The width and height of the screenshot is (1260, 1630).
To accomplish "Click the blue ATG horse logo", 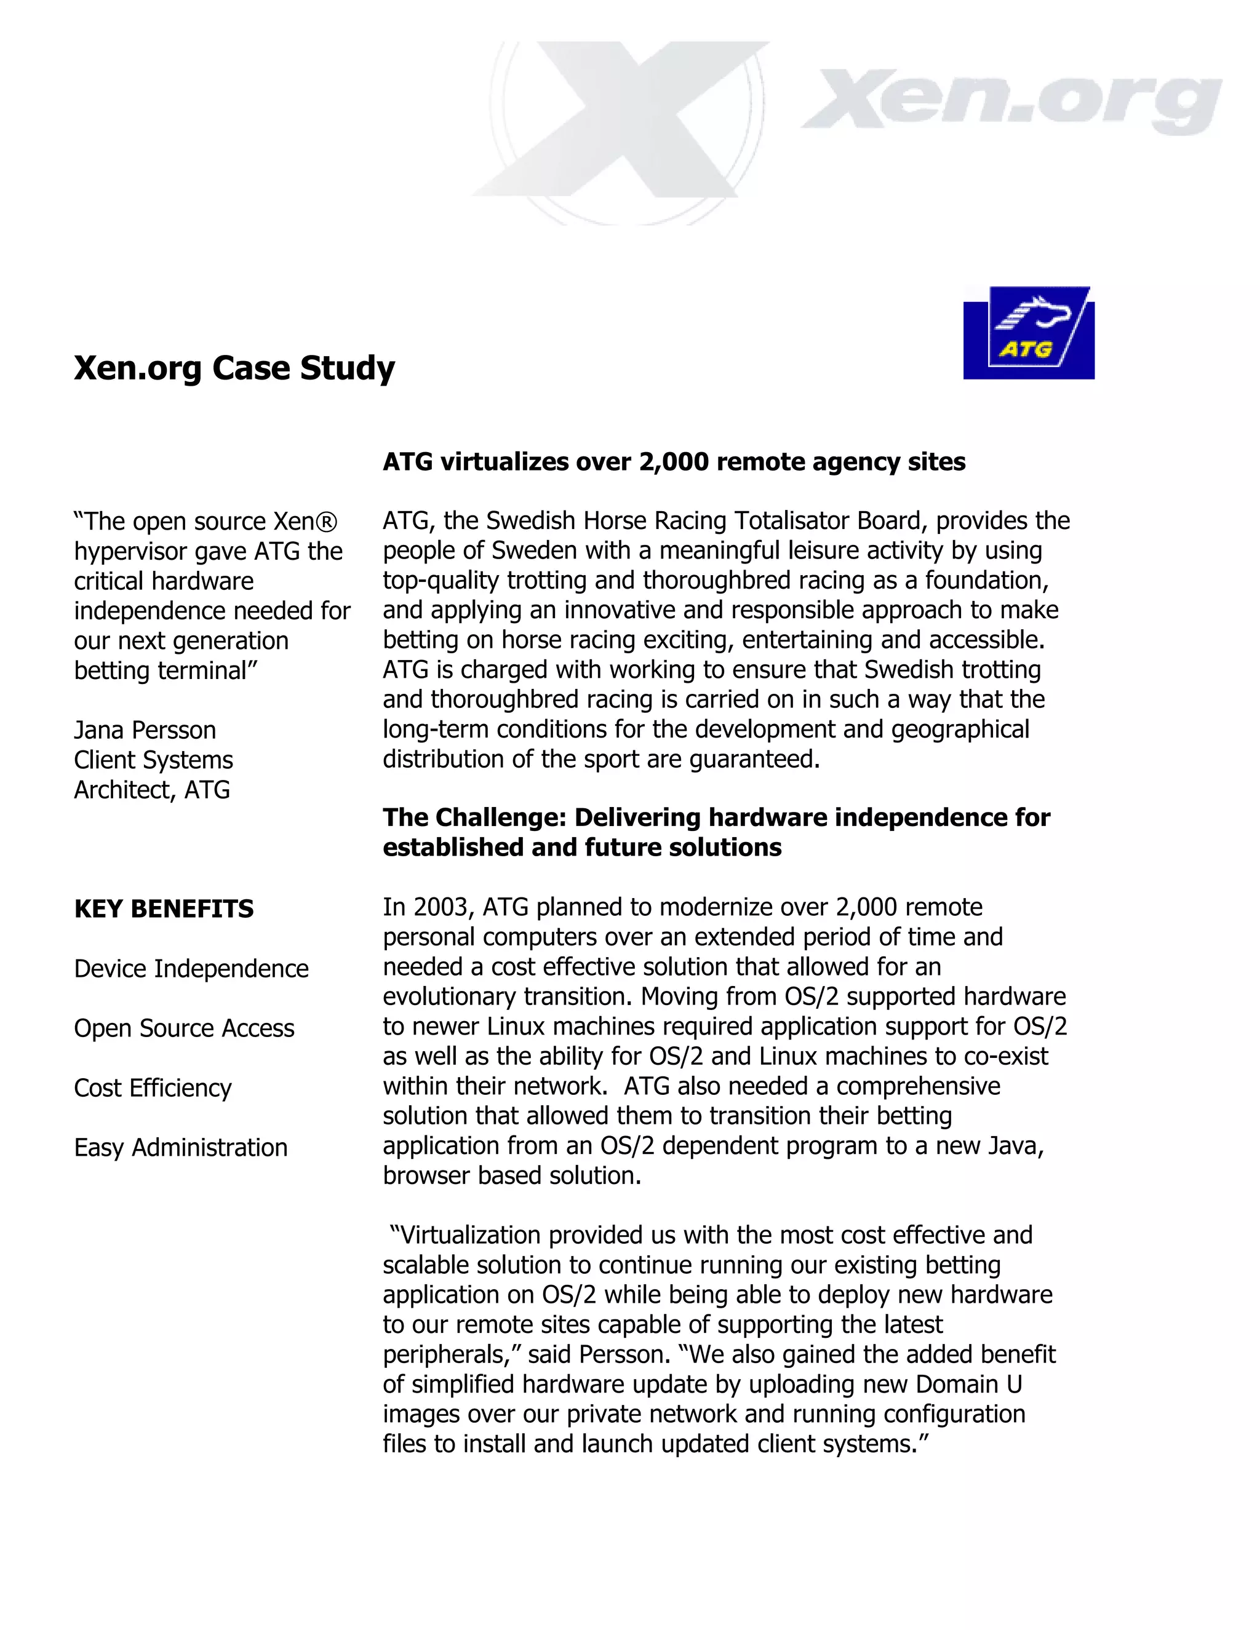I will point(1029,333).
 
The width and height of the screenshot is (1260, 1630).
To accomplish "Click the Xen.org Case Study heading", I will point(234,368).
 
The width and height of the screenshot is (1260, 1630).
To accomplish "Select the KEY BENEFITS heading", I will point(164,909).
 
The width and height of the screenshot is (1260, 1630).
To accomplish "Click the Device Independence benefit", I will point(191,969).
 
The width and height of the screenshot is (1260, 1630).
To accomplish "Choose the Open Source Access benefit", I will point(185,1028).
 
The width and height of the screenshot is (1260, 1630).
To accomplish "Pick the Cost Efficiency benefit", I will point(153,1088).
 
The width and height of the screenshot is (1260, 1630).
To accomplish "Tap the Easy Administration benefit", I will point(181,1148).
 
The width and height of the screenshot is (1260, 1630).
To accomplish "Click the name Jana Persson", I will point(145,730).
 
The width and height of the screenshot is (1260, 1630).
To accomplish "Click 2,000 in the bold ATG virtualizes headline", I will point(674,462).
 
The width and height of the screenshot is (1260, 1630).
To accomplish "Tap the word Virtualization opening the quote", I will point(470,1235).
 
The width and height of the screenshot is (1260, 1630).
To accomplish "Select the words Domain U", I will point(969,1385).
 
